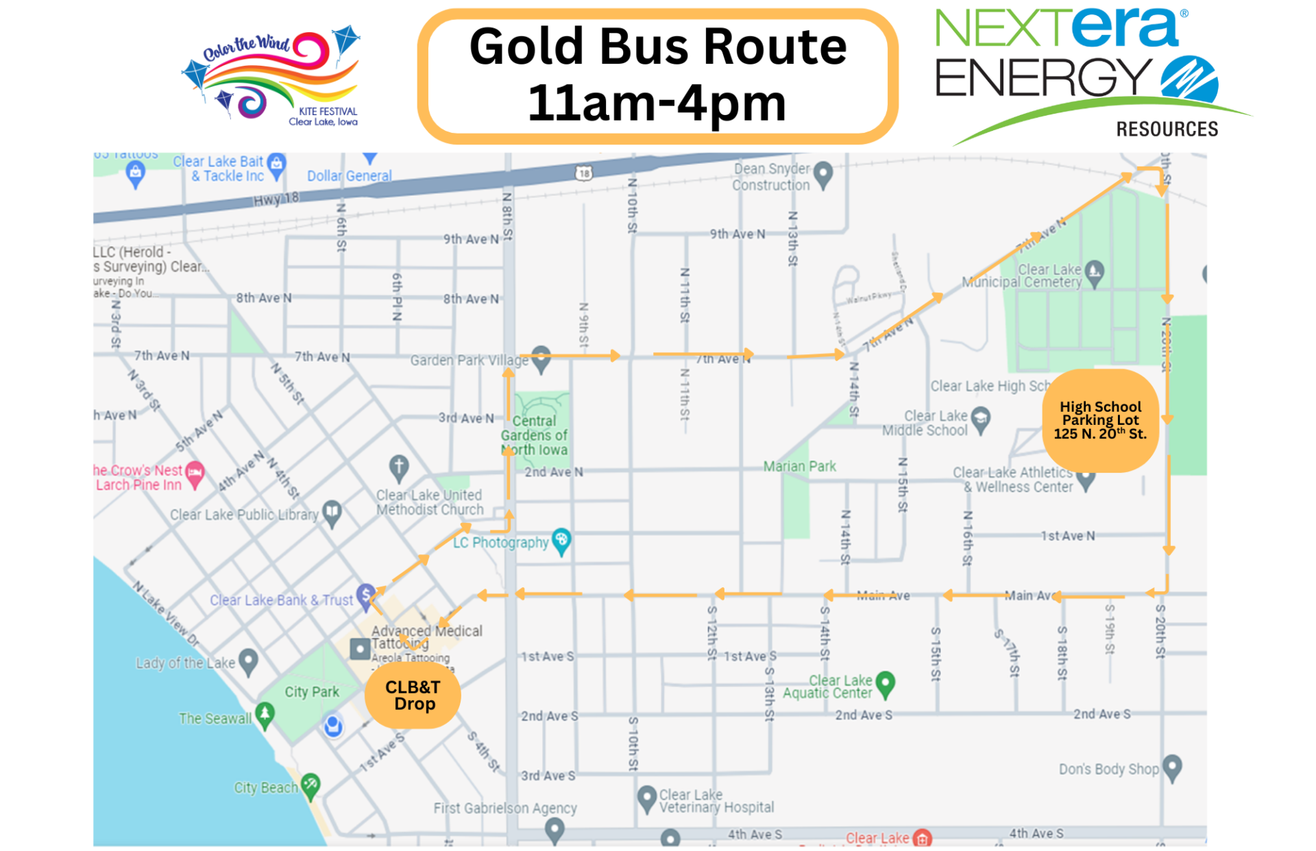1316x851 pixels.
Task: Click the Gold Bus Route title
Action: click(657, 75)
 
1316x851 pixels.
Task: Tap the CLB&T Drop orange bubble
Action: click(413, 695)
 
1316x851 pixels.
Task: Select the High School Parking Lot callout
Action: click(1100, 420)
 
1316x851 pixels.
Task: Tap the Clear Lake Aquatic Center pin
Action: click(886, 682)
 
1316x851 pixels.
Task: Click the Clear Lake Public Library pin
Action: click(332, 511)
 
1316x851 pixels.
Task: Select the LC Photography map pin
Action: click(561, 540)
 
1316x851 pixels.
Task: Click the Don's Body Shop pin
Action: click(1173, 767)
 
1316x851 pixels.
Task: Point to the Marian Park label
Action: click(800, 467)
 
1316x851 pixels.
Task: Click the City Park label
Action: click(312, 692)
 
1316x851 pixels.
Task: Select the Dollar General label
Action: click(349, 176)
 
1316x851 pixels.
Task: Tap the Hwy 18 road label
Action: click(276, 199)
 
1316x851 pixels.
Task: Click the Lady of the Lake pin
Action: click(248, 661)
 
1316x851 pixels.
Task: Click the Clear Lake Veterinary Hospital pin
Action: click(646, 798)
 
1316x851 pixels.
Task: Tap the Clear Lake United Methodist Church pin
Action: click(399, 467)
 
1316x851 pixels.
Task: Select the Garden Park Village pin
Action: click(541, 358)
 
